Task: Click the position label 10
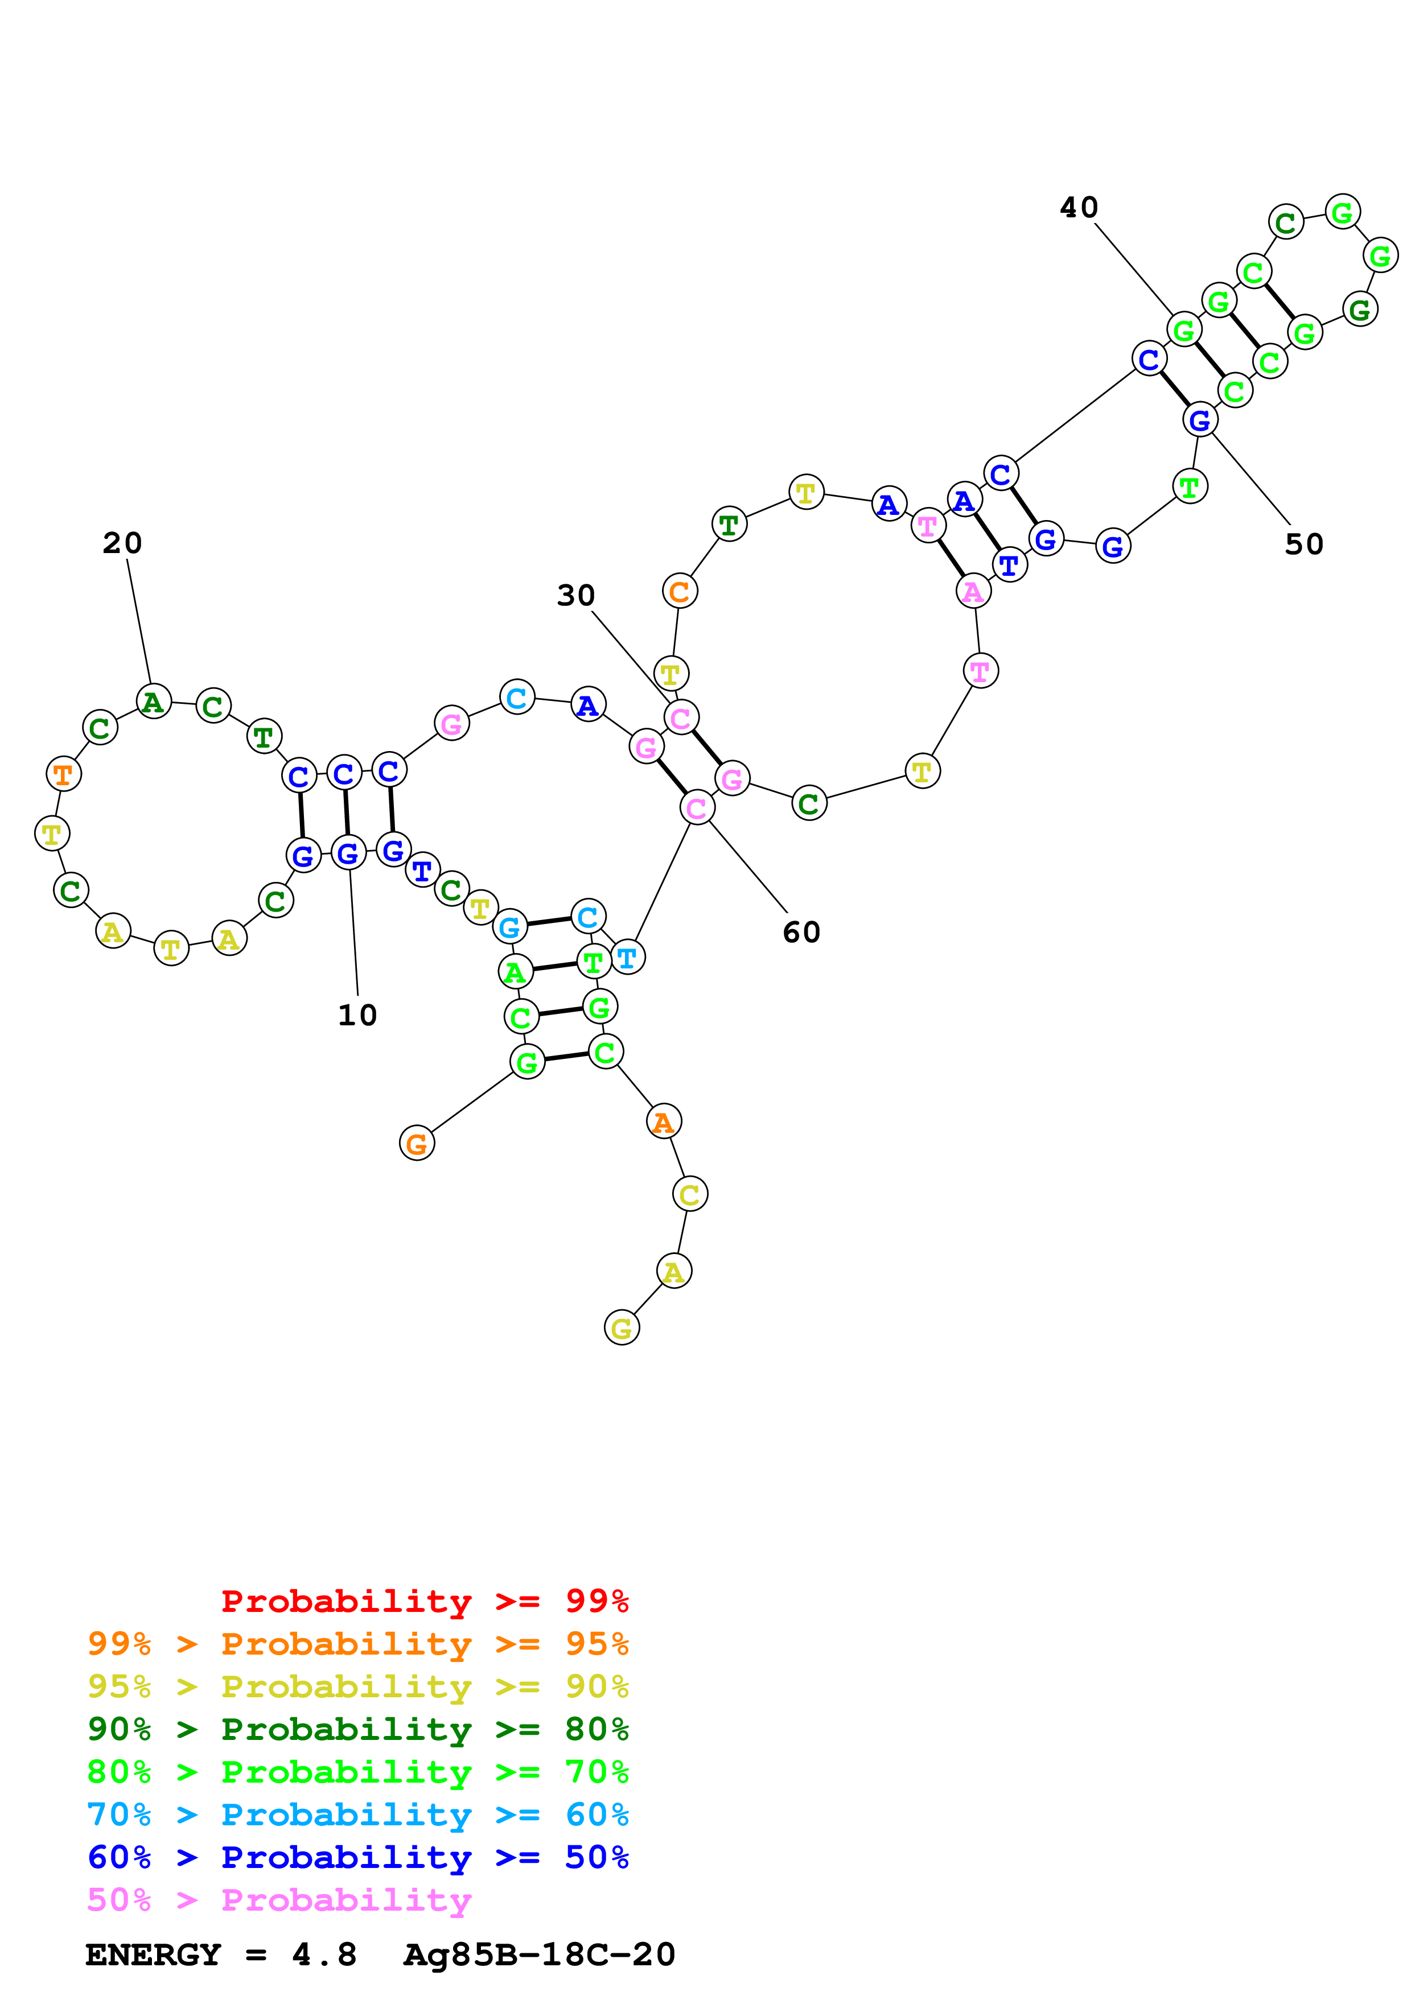pos(357,1015)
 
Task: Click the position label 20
pos(122,543)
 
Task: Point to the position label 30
pos(575,596)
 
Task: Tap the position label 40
pos(1079,208)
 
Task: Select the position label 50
pos(1303,544)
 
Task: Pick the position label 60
pos(801,933)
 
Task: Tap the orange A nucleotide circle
pos(663,1122)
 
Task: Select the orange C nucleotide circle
pos(680,591)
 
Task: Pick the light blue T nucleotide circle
pos(627,957)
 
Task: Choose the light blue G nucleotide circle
pos(509,927)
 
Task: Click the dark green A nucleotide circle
pos(154,702)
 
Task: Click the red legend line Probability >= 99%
pos(424,1601)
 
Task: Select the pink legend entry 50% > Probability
pos(279,1899)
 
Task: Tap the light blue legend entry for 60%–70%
pos(357,1814)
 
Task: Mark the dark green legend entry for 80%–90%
pos(357,1729)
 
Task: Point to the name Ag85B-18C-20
pos(539,1954)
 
